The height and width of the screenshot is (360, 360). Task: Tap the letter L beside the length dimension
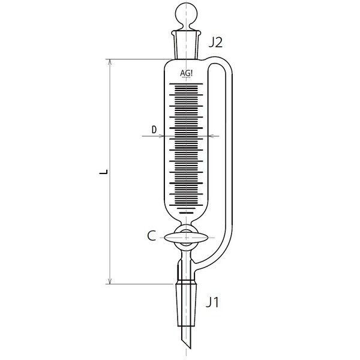(103, 172)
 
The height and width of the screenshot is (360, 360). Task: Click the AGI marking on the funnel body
(187, 74)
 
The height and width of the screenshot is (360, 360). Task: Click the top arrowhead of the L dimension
(110, 62)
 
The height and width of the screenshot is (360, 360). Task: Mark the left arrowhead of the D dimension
(161, 137)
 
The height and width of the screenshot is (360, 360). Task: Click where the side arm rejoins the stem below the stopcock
(198, 264)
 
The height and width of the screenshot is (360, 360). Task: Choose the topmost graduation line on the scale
(187, 85)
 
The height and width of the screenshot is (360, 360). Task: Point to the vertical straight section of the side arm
(227, 150)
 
